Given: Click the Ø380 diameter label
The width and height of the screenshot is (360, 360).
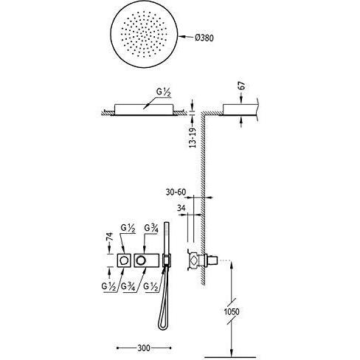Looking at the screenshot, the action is click(204, 38).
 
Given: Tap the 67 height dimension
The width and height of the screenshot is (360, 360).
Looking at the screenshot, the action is click(243, 86).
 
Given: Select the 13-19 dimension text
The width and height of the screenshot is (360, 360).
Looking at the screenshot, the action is click(193, 138).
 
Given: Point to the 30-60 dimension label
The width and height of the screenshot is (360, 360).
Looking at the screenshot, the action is click(176, 192).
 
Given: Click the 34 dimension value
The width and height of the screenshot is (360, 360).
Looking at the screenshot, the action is click(181, 208).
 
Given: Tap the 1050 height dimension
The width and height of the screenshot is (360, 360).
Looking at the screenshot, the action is click(232, 312).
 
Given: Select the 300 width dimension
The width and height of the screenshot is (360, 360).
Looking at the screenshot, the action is click(144, 348).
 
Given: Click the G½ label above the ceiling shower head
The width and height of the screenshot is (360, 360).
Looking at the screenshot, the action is click(163, 93).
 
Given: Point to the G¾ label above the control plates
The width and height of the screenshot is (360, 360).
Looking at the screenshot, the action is click(151, 229).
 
